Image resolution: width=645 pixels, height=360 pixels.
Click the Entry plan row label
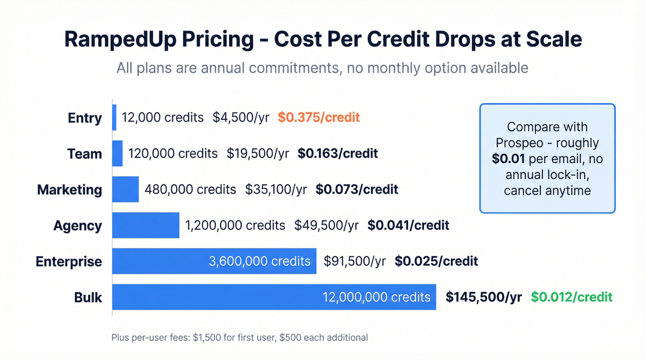click(85, 118)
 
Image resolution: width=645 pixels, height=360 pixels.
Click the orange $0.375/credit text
click(318, 118)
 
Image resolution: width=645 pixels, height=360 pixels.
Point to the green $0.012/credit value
click(571, 297)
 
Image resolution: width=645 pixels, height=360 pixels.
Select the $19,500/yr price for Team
click(258, 153)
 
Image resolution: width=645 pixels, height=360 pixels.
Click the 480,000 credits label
click(190, 189)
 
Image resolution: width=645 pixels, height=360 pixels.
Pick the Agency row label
click(77, 225)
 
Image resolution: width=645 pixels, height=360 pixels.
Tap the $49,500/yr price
click(326, 225)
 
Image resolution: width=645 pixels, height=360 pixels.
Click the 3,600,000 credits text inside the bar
click(259, 261)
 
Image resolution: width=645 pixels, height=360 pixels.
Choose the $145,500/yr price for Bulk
click(483, 297)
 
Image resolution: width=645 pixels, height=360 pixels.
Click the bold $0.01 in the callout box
click(509, 159)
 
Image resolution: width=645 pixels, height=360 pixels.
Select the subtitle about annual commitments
click(322, 68)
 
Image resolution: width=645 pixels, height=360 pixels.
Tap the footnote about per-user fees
click(240, 337)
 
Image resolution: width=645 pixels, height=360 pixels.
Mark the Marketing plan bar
click(125, 189)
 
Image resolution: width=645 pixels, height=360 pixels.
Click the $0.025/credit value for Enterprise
click(436, 261)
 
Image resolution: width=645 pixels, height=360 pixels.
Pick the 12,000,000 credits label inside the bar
click(376, 297)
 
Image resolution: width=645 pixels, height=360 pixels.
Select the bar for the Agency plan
click(146, 225)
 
